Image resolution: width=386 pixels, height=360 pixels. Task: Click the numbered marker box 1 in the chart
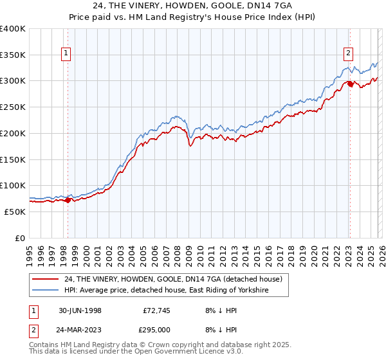[x=68, y=54]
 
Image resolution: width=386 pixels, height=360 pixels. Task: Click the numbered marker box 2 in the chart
[x=348, y=54]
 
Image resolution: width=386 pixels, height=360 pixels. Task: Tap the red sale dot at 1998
[x=68, y=200]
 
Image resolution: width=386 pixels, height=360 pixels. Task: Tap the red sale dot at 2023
[x=349, y=84]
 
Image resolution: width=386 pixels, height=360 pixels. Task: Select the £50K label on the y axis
[x=15, y=212]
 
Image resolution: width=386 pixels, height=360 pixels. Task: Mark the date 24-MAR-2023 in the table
[x=80, y=329]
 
